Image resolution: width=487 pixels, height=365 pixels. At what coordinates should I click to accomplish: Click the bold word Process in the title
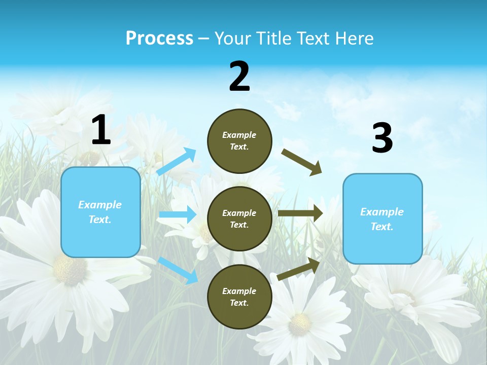pos(159,39)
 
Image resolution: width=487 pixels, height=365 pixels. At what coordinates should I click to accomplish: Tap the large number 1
pos(101,130)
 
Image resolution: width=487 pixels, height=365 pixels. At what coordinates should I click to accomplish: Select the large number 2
pos(239,77)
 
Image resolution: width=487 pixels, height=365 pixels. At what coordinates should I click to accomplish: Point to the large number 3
pos(382,138)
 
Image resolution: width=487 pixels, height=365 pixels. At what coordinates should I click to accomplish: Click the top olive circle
pos(239,140)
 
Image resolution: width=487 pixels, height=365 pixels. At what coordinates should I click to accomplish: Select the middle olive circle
pos(239,218)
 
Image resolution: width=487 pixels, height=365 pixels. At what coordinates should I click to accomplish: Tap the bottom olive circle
pos(239,297)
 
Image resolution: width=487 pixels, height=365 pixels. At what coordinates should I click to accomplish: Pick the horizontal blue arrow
pos(177,214)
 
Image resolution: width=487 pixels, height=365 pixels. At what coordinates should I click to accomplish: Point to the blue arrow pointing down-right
pos(178,270)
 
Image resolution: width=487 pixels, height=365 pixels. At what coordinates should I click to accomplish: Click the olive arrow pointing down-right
pos(301,162)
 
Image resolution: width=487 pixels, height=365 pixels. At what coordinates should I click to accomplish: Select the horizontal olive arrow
pos(300,213)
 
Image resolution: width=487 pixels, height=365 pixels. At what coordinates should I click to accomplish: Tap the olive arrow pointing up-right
pos(298,269)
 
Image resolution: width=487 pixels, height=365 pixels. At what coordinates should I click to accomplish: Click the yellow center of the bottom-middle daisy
pos(300,320)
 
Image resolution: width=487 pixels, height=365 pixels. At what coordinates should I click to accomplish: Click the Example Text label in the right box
pos(382,219)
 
